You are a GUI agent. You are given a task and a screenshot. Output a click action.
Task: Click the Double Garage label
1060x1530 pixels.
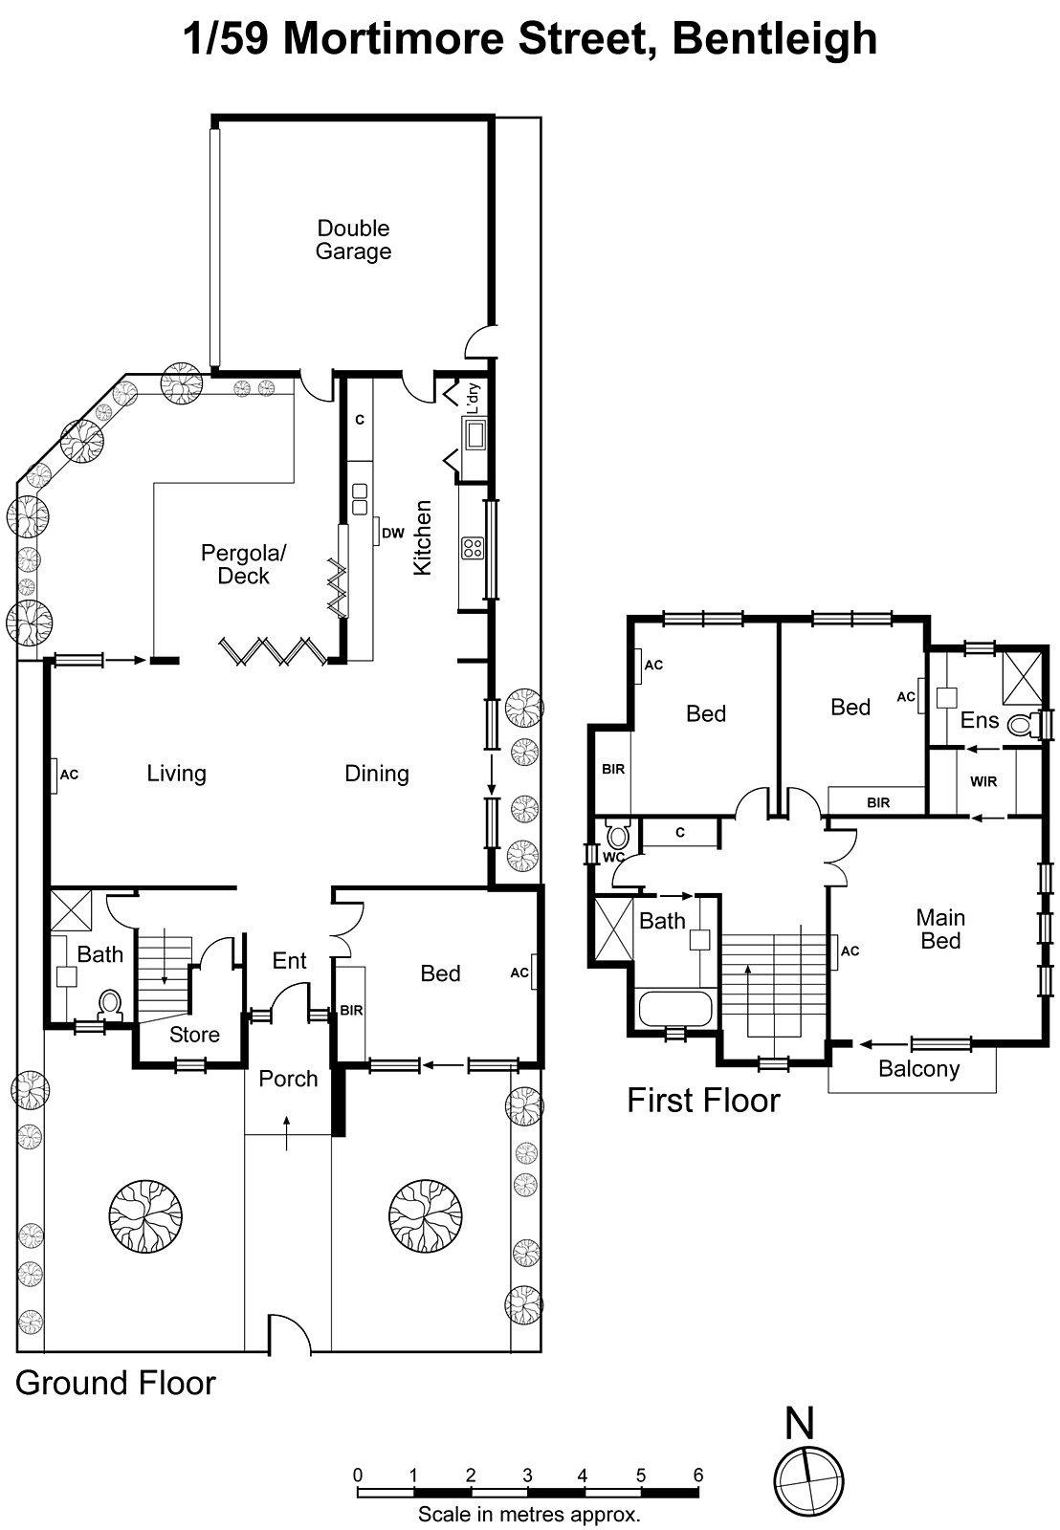point(353,240)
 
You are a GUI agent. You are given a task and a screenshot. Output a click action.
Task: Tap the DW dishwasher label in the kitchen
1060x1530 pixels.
point(393,533)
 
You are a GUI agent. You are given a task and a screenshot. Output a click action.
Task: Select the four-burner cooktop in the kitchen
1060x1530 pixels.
point(473,548)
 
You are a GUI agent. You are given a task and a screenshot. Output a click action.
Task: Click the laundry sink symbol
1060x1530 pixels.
point(475,432)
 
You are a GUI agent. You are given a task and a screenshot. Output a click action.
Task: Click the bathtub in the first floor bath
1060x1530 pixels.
point(675,1008)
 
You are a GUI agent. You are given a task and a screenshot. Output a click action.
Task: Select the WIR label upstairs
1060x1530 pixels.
point(983,781)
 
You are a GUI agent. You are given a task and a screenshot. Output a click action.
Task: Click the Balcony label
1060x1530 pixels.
point(918,1069)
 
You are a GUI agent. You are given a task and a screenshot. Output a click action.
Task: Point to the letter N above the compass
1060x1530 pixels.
point(799,1424)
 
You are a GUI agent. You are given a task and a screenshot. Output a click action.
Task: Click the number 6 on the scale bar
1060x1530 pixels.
point(697,1475)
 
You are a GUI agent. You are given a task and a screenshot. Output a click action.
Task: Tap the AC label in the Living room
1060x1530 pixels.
point(69,775)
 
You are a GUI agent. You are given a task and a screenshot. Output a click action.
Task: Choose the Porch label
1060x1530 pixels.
point(288,1080)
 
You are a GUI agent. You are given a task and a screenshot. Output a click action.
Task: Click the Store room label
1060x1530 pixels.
point(194,1035)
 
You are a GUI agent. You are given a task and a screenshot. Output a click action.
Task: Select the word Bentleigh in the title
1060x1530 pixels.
point(774,39)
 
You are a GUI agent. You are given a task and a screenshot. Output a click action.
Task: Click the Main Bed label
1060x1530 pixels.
point(940,929)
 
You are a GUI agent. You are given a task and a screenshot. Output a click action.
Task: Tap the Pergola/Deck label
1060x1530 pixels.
point(243,564)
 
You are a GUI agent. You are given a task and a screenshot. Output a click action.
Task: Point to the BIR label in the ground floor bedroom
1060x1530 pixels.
point(351,1010)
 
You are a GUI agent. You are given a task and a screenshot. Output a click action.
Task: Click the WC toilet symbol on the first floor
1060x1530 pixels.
point(619,835)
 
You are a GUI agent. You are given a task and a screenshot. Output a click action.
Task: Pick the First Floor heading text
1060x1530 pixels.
point(703,1101)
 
